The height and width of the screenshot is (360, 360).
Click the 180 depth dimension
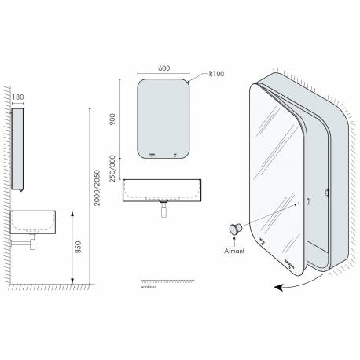pos(19,97)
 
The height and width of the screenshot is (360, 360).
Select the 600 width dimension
pos(164,68)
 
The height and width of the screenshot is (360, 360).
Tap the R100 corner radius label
pos(219,75)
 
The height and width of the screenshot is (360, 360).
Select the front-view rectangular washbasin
pos(164,189)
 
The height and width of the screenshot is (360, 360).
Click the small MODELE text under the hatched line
pos(149,288)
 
